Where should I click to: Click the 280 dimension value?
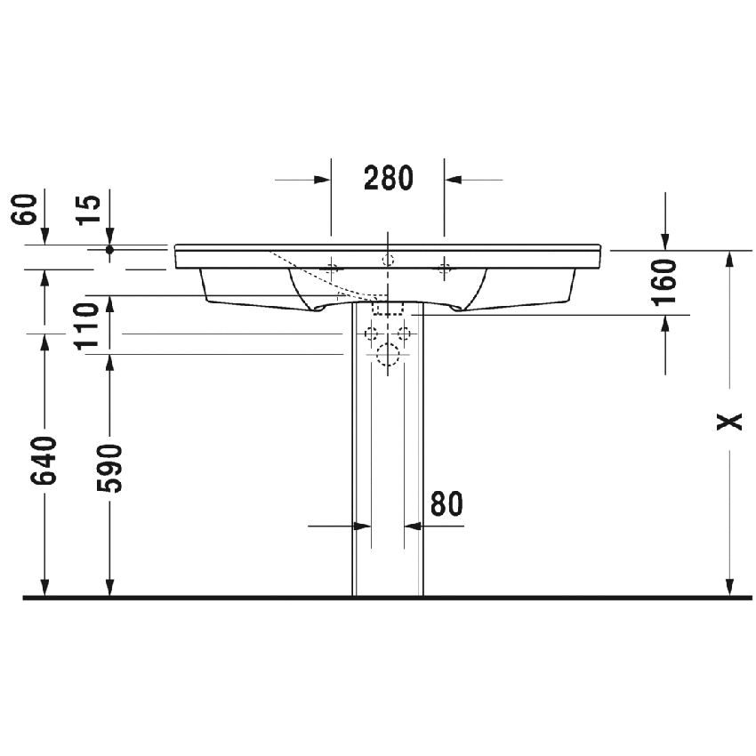(x=389, y=179)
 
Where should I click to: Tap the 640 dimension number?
(x=45, y=461)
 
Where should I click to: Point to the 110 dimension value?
(x=85, y=326)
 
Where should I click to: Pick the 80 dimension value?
(x=446, y=503)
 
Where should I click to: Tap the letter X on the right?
(x=730, y=421)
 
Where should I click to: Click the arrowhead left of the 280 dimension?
(x=322, y=180)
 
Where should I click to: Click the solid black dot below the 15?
(x=109, y=250)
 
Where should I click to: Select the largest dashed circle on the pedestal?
(x=388, y=356)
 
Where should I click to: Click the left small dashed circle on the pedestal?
(x=372, y=334)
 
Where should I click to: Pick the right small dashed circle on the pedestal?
(x=404, y=334)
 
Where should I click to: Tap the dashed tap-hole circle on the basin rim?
(x=387, y=260)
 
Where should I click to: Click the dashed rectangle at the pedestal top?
(x=388, y=308)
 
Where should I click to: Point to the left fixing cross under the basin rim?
(x=332, y=267)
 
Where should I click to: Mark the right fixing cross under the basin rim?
(x=445, y=267)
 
